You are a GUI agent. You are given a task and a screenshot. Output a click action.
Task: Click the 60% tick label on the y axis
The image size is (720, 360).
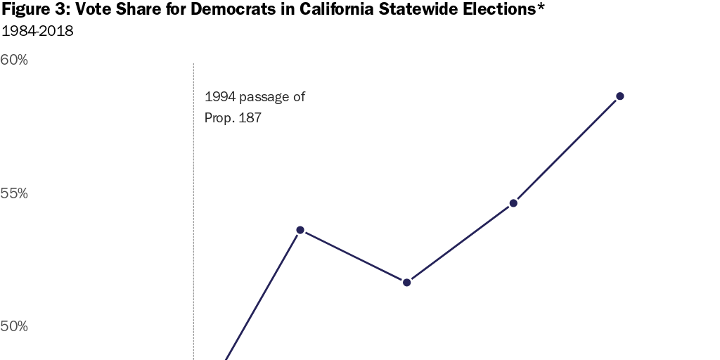pos(14,60)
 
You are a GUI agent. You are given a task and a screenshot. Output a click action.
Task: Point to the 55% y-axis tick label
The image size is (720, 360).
pos(14,193)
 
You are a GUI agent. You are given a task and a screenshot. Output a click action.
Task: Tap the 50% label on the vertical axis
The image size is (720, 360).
pos(14,326)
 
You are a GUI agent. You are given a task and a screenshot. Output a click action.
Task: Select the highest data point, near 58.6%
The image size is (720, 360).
pos(619,96)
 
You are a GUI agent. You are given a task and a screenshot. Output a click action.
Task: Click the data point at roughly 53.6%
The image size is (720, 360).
pos(300,230)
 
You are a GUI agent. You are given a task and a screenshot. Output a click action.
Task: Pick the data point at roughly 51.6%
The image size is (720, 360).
pos(406,282)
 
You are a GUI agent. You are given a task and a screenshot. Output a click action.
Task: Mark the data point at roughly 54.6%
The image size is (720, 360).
pos(513,203)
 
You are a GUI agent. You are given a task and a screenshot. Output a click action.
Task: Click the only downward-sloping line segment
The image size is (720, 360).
pos(353,256)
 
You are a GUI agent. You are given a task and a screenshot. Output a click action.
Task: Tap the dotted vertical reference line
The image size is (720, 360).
pos(193,211)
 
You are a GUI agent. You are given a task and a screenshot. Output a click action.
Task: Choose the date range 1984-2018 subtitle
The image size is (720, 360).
pos(37,32)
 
